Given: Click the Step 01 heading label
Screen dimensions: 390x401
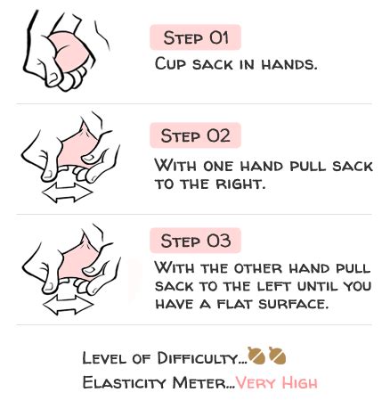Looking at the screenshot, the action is click(x=196, y=37).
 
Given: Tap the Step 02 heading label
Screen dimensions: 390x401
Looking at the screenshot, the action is click(x=196, y=135).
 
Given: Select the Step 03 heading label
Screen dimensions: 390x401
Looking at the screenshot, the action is click(x=196, y=241).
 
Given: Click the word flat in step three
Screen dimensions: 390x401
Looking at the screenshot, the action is click(x=236, y=304).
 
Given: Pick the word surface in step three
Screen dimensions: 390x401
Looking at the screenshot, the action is click(x=293, y=304).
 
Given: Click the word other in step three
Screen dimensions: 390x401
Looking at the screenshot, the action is click(x=258, y=268).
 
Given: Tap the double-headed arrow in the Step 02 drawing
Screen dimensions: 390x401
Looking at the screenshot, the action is click(x=67, y=192).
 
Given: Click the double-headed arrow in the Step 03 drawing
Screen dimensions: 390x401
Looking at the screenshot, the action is click(x=68, y=305).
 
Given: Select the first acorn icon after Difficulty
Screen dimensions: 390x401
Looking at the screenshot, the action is click(x=256, y=355).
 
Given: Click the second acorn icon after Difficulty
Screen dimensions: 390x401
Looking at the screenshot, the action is click(x=278, y=355).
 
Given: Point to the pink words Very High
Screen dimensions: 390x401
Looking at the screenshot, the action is click(x=277, y=382).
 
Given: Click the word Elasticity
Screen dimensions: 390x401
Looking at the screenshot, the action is click(x=124, y=382).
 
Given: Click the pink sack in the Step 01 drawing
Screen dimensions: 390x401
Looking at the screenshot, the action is click(x=70, y=52).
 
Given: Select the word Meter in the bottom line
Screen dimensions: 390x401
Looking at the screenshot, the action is click(x=199, y=382).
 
